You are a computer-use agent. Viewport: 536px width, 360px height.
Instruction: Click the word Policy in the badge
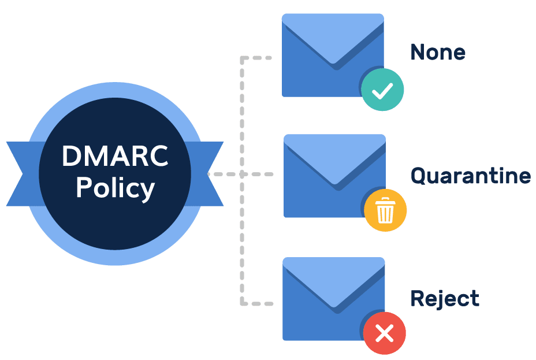coord(115,188)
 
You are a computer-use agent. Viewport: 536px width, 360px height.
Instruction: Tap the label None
coord(438,53)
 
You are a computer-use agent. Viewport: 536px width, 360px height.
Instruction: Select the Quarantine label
coord(470,176)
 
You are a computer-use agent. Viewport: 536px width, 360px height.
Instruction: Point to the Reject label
coord(444,299)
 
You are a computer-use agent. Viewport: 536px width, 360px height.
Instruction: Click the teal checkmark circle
coord(382,91)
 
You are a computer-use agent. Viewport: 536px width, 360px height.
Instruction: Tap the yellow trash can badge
coord(385,211)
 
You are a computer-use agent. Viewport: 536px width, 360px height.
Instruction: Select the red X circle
coord(384,333)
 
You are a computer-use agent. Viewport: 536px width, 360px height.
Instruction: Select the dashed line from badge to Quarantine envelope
coord(257,173)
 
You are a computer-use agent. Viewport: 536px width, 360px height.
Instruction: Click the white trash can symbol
coord(385,211)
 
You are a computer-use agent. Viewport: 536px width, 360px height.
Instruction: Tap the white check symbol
coord(382,91)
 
